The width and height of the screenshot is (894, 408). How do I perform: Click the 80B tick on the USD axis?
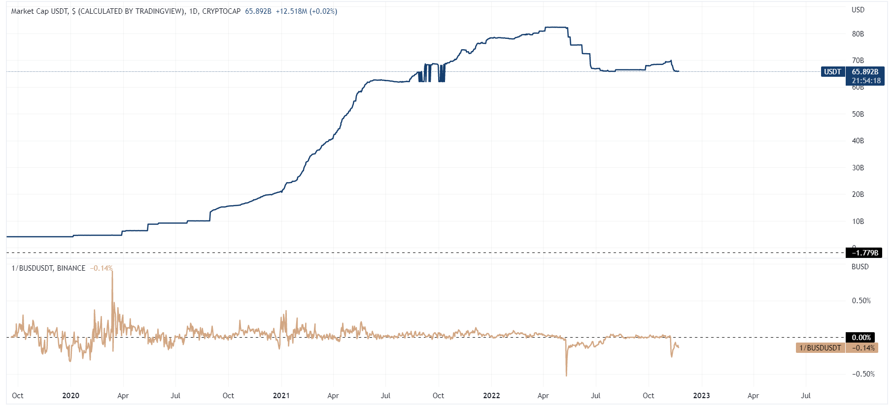(x=858, y=34)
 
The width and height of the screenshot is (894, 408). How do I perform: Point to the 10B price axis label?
(x=858, y=221)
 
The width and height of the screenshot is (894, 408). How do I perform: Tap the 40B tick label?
(x=858, y=141)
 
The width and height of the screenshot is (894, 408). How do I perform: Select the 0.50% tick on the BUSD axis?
(x=861, y=301)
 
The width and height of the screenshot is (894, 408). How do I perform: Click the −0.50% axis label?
(x=863, y=374)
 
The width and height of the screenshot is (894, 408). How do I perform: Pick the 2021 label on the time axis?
(x=281, y=396)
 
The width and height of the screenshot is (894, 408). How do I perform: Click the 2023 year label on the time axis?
(x=701, y=396)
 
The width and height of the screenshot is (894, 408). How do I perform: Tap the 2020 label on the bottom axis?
(x=70, y=396)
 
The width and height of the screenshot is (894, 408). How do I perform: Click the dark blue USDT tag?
(x=832, y=72)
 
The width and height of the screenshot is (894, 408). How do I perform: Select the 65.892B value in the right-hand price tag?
(x=865, y=72)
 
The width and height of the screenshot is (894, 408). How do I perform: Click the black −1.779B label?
(x=865, y=253)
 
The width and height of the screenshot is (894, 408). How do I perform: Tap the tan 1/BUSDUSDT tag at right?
(x=820, y=348)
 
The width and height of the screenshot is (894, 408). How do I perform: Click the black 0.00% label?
(x=861, y=338)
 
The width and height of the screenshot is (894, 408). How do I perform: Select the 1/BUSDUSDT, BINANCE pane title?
(x=48, y=268)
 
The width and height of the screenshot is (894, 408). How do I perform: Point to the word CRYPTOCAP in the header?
(x=221, y=11)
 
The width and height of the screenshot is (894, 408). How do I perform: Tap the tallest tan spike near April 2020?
(x=112, y=272)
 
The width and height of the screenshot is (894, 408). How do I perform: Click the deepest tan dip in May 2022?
(x=566, y=375)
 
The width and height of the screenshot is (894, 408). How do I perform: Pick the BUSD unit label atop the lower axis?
(x=860, y=267)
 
